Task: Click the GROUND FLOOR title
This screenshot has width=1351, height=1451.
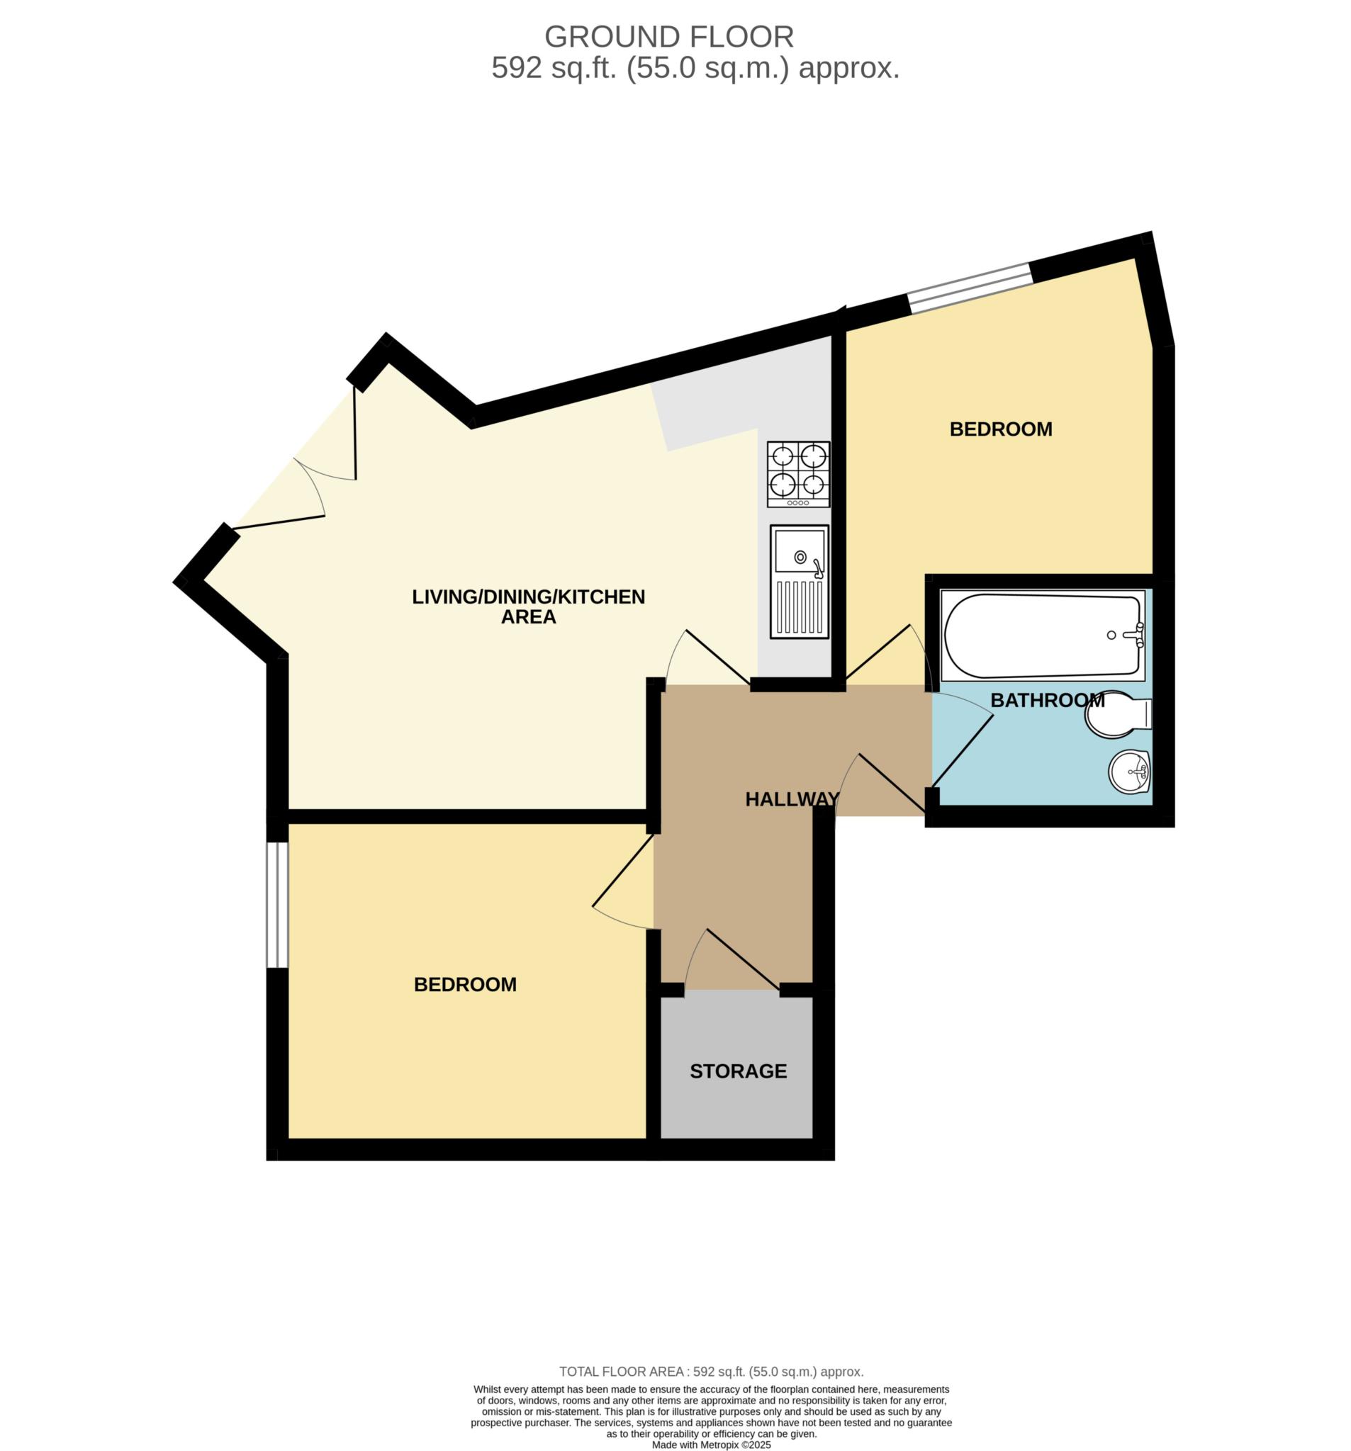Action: (668, 37)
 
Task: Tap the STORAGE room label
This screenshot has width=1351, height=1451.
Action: (739, 1071)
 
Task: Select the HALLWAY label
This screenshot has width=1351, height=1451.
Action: (792, 799)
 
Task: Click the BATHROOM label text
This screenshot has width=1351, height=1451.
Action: (1047, 700)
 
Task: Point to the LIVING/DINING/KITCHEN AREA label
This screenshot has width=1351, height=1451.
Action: (529, 606)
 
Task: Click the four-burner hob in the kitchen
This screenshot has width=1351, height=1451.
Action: (798, 474)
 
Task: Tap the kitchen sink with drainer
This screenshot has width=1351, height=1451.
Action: (800, 582)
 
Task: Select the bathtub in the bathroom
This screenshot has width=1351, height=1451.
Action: (1043, 635)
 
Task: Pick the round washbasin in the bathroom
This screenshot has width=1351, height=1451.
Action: (1129, 772)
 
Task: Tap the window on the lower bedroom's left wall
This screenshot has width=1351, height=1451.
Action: (276, 904)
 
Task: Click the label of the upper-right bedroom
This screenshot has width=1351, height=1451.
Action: (1000, 429)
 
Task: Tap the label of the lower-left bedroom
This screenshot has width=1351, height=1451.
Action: (465, 985)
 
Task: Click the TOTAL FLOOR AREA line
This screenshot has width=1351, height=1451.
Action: (711, 1372)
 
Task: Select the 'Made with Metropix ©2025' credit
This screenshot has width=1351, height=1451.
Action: (711, 1445)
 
